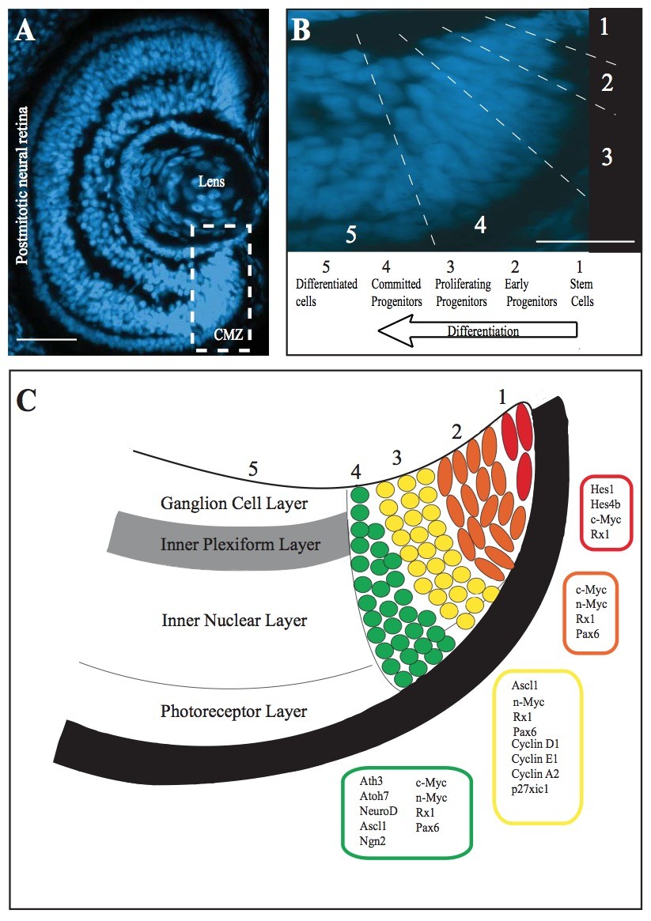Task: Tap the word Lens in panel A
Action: [211, 182]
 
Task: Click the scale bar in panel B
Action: [585, 240]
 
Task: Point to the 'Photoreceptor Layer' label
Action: [233, 711]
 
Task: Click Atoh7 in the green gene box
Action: [376, 797]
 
